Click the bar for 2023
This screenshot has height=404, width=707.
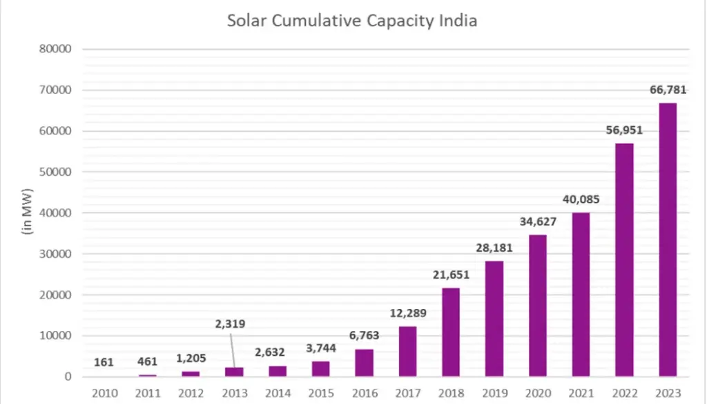(x=668, y=240)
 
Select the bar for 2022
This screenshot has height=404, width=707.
(x=624, y=260)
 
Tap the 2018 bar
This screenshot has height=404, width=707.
(x=450, y=332)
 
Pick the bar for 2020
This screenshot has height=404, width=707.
(x=537, y=305)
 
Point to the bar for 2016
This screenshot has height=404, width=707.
(x=363, y=363)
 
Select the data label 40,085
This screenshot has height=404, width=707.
(x=579, y=199)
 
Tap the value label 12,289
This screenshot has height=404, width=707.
(x=407, y=313)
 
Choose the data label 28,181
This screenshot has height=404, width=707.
(x=493, y=248)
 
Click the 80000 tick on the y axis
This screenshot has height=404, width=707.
(x=57, y=49)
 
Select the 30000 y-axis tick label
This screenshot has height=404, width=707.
(x=57, y=254)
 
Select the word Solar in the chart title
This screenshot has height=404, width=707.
(x=246, y=21)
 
